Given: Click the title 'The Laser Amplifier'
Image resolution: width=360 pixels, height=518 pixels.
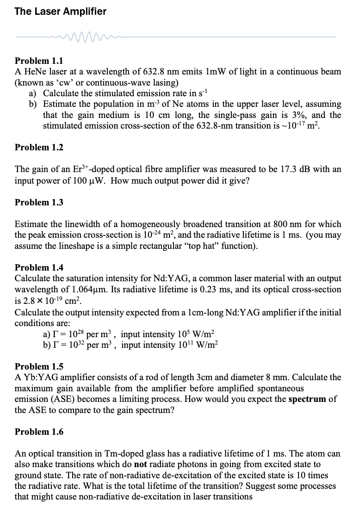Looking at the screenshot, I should (x=60, y=12).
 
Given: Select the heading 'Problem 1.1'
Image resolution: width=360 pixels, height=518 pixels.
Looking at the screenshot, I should (x=39, y=61).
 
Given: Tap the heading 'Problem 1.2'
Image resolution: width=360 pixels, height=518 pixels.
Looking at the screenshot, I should (x=39, y=148).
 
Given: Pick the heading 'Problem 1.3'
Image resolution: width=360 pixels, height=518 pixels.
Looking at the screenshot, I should (x=39, y=202).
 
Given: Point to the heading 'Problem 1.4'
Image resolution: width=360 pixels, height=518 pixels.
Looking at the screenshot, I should (x=39, y=267).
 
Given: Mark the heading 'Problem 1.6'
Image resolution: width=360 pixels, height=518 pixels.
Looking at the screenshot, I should (x=39, y=432).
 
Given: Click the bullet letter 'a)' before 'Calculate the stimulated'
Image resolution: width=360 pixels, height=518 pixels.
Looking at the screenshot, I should (x=35, y=93).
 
